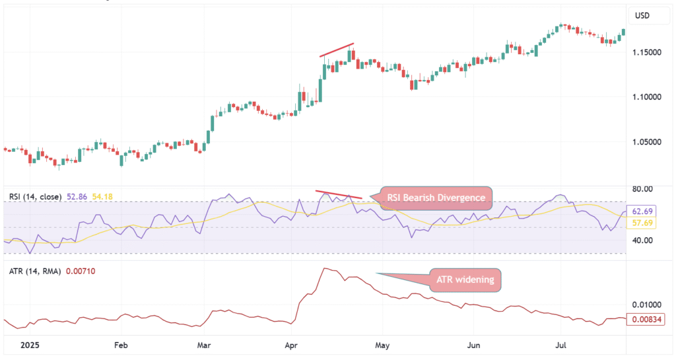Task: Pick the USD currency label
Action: pos(643,15)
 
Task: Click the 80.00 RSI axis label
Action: pos(642,189)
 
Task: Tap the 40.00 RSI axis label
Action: pos(642,240)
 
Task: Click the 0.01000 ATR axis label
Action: pos(646,305)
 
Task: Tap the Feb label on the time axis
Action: pos(120,345)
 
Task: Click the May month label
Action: pos(382,345)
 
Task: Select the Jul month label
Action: pos(561,345)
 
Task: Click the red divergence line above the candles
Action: pos(337,50)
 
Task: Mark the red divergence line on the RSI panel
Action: pos(339,194)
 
